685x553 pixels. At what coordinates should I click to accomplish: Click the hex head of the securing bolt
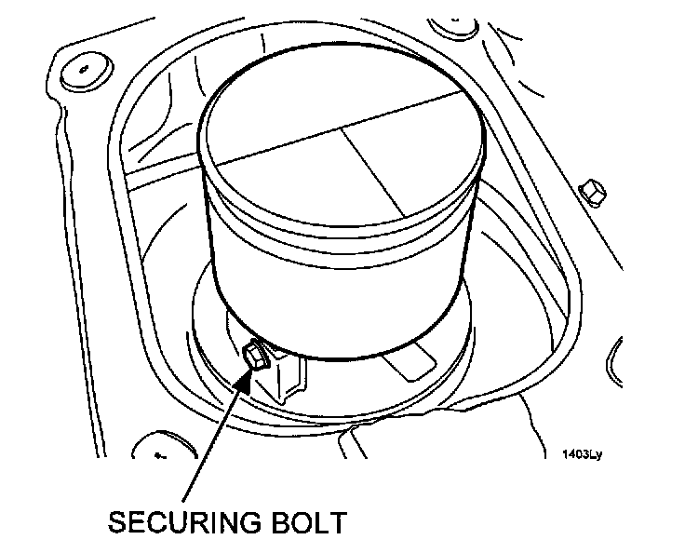click(253, 356)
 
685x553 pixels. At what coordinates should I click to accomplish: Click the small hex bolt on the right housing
click(589, 193)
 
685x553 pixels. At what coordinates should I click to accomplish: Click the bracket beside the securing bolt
click(289, 378)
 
